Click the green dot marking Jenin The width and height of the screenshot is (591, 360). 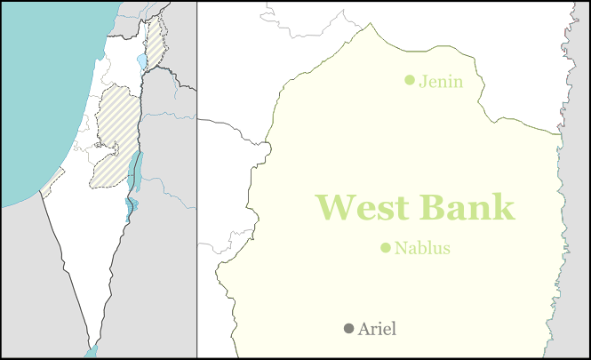pyautogui.click(x=410, y=80)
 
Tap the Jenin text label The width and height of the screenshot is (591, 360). pyautogui.click(x=441, y=81)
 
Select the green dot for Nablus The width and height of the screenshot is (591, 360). pyautogui.click(x=386, y=248)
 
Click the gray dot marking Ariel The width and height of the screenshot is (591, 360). pyautogui.click(x=348, y=329)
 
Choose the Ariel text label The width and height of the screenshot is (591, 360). pyautogui.click(x=377, y=329)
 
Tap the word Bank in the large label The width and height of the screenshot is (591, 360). pyautogui.click(x=467, y=206)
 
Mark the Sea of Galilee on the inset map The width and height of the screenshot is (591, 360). pyautogui.click(x=142, y=62)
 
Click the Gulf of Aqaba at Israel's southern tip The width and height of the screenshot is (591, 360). pyautogui.click(x=92, y=351)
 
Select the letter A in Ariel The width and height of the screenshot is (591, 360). pyautogui.click(x=363, y=329)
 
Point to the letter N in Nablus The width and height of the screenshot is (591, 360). pyautogui.click(x=400, y=248)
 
